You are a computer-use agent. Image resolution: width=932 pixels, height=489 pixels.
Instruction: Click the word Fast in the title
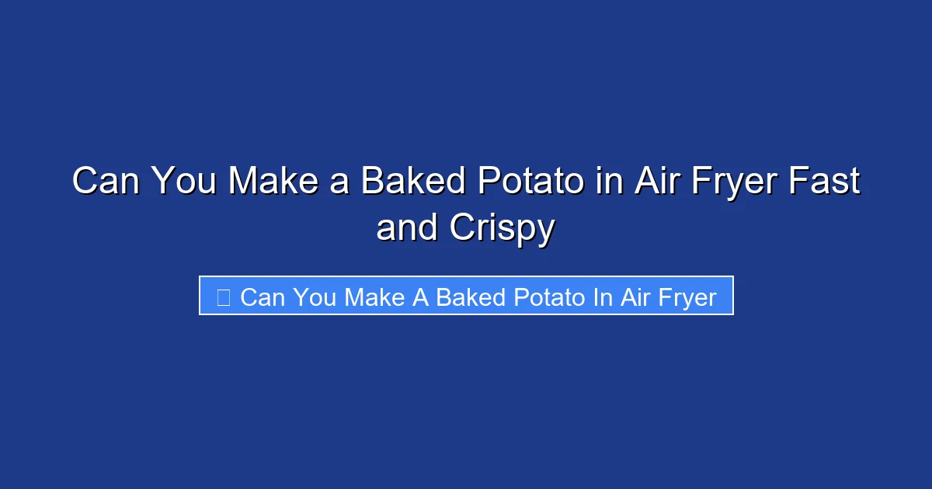(x=826, y=182)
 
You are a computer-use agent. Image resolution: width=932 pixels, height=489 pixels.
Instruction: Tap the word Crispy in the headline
(x=502, y=228)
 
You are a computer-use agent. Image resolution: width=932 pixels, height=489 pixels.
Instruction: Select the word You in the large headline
(x=183, y=182)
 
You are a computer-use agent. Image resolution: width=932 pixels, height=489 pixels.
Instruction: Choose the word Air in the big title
(x=653, y=182)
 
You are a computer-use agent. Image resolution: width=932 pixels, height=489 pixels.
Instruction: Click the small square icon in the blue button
(x=223, y=297)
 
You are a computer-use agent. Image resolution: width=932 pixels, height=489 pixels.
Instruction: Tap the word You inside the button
(x=315, y=297)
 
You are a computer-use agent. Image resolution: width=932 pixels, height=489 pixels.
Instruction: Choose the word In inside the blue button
(x=603, y=297)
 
